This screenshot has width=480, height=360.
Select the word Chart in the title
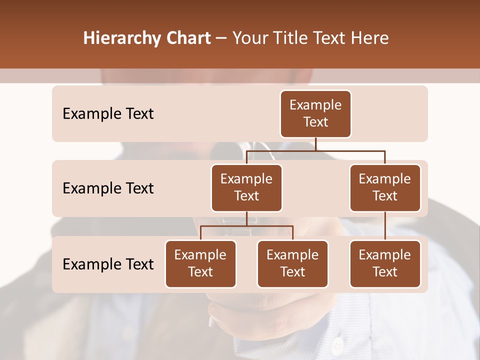pyautogui.click(x=186, y=38)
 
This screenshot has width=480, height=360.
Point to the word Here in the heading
pyautogui.click(x=370, y=38)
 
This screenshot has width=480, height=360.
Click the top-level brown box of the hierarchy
pyautogui.click(x=315, y=114)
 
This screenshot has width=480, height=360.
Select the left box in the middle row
pyautogui.click(x=246, y=188)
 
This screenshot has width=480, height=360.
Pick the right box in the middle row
pyautogui.click(x=385, y=188)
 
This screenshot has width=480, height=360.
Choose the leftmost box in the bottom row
pyautogui.click(x=200, y=264)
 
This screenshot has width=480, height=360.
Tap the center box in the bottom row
pyautogui.click(x=292, y=264)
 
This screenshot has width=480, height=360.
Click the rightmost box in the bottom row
pyautogui.click(x=385, y=264)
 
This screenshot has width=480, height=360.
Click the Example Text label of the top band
pyautogui.click(x=108, y=114)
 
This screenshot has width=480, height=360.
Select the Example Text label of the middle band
pyautogui.click(x=108, y=188)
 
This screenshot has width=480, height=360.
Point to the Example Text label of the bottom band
pyautogui.click(x=108, y=264)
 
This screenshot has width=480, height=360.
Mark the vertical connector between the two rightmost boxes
pyautogui.click(x=385, y=226)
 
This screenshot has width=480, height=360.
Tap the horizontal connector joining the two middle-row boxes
pyautogui.click(x=315, y=150)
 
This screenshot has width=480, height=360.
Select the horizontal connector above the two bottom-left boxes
pyautogui.click(x=246, y=226)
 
